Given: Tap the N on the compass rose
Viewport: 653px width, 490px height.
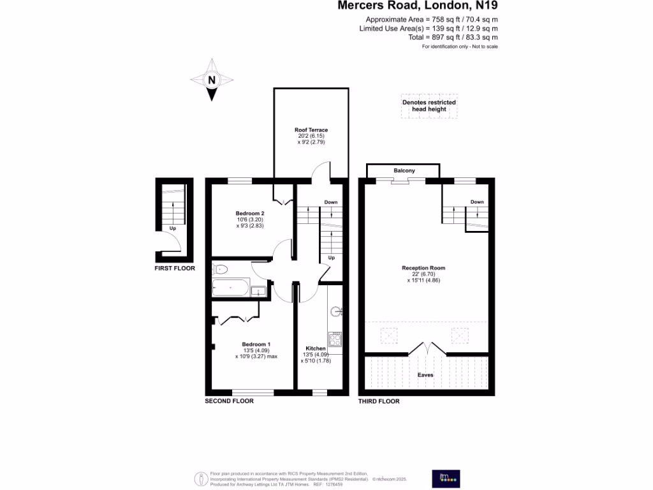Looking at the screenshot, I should (x=212, y=80).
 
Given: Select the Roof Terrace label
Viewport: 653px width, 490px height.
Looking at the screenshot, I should (x=311, y=130).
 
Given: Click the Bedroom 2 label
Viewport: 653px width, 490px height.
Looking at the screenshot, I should (x=250, y=213).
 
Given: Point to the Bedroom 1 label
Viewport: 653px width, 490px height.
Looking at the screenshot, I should (x=256, y=345).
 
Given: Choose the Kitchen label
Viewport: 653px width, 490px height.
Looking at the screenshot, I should (x=316, y=348).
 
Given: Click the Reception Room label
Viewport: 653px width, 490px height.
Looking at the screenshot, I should (x=424, y=268).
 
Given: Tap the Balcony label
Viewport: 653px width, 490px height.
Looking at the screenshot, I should (x=404, y=170).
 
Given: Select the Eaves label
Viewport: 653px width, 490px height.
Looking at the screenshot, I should (x=425, y=375).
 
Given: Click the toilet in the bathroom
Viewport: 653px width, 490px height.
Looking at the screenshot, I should (x=218, y=269).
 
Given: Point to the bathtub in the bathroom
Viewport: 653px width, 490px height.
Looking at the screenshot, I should (x=230, y=288).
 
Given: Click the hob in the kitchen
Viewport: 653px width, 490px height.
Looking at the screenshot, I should (x=335, y=336).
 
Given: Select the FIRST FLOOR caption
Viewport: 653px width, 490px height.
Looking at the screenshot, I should (x=175, y=269).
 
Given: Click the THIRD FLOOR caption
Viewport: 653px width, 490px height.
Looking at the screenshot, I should (x=379, y=401).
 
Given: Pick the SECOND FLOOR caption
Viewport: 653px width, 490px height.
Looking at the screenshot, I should (x=229, y=401).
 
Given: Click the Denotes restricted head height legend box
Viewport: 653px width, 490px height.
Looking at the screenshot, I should (x=429, y=106).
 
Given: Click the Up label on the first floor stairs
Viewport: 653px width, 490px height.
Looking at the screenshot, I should (x=173, y=228).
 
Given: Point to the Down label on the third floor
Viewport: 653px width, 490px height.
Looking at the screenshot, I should (x=477, y=202).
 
